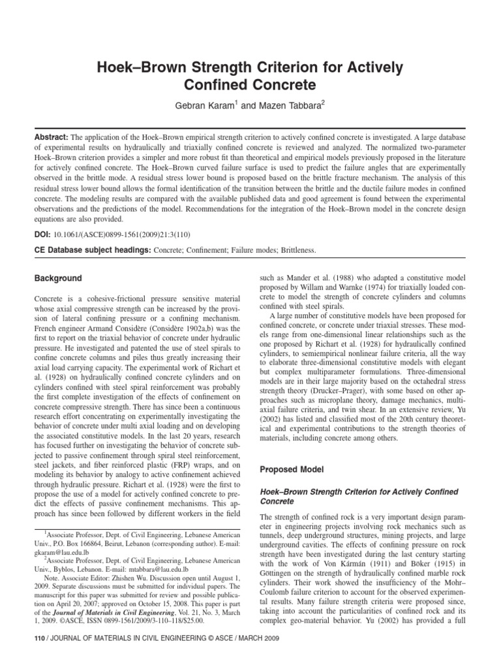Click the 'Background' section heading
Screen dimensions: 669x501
click(58, 278)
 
